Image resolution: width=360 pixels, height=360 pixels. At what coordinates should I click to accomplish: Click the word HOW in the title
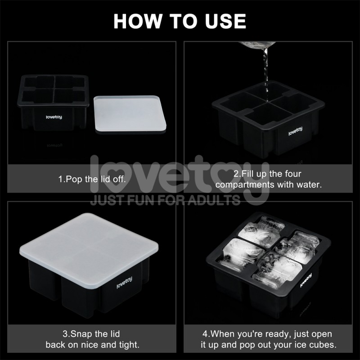138,21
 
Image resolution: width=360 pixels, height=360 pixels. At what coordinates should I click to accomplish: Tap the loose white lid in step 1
130,114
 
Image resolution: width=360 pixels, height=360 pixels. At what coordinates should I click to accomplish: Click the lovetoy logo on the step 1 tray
54,117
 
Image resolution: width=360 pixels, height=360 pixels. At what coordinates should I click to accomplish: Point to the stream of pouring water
266,73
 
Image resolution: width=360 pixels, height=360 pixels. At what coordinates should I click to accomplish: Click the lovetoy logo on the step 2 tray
296,131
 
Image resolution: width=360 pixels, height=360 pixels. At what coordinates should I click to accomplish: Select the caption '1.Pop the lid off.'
92,179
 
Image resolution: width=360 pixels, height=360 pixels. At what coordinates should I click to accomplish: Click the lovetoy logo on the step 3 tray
124,283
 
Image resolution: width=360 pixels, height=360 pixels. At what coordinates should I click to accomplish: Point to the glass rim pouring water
257,45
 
